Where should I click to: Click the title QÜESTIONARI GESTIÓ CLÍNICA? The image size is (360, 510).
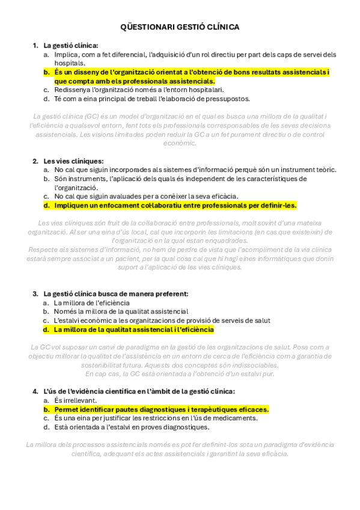click(180, 27)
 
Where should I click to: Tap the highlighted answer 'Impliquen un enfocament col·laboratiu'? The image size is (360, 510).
click(175, 205)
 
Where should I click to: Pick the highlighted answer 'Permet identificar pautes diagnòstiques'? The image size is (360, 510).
click(161, 409)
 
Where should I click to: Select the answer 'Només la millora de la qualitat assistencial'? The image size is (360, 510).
click(121, 312)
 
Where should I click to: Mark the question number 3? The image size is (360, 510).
click(35, 293)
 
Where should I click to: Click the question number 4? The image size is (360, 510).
click(35, 391)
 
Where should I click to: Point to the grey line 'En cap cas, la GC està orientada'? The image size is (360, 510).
click(180, 373)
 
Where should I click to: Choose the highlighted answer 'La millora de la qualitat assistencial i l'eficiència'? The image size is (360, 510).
click(133, 330)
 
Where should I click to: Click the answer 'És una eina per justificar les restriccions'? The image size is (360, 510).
click(156, 418)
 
